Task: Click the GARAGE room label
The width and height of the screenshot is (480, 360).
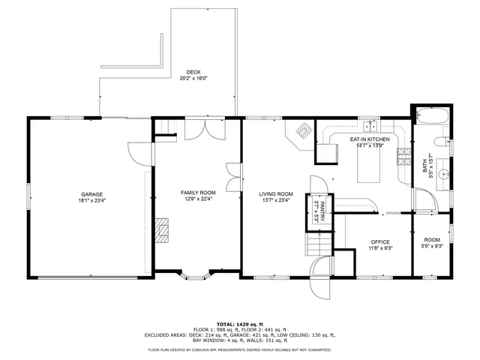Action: [91, 194]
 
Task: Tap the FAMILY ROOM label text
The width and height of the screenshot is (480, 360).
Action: [198, 193]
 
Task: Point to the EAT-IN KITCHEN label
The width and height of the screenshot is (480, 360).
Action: [370, 139]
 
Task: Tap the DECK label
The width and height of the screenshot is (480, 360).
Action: [193, 72]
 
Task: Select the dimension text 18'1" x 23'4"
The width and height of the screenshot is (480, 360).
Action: [91, 200]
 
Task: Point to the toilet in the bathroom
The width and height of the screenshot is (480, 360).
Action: [443, 141]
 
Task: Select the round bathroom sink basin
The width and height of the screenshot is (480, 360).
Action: [443, 173]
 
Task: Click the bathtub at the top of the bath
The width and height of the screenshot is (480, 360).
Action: [431, 117]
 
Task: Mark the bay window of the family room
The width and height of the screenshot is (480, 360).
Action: [198, 279]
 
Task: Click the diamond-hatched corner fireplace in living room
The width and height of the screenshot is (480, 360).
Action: [302, 131]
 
